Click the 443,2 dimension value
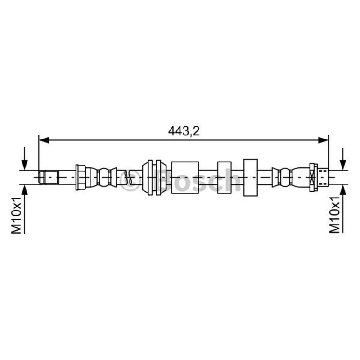[184, 131]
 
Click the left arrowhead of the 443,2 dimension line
[44, 140]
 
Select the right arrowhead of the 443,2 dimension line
[323, 140]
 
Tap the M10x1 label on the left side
[16, 215]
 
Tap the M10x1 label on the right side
[334, 215]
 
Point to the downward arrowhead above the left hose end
[24, 165]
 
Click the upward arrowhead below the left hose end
[24, 189]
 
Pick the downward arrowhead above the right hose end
[343, 165]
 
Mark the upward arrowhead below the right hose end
[343, 189]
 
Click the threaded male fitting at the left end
[49, 177]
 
